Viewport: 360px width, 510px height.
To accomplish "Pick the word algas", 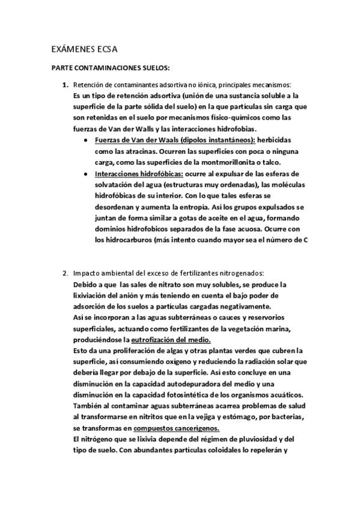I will [165, 351].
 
